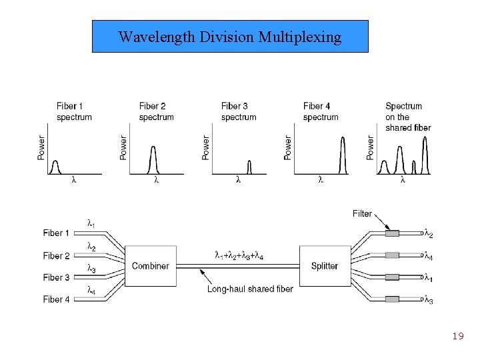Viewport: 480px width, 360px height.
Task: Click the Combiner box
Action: (x=150, y=266)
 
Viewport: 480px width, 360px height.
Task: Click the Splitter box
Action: (x=325, y=266)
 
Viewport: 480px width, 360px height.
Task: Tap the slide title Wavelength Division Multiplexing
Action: (x=230, y=37)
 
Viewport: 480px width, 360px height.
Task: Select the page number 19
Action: (x=457, y=336)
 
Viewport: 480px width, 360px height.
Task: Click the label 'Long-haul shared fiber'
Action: (x=250, y=289)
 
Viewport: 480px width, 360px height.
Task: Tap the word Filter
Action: (x=362, y=213)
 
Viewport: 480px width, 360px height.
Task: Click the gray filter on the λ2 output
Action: (x=393, y=233)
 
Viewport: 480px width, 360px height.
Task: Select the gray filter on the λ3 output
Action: (x=393, y=300)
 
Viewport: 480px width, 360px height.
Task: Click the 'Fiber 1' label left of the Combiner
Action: (x=56, y=233)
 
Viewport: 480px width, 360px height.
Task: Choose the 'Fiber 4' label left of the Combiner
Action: (x=56, y=300)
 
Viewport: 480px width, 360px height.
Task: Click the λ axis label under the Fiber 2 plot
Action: (x=156, y=180)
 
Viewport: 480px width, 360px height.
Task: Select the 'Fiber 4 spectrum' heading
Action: (x=321, y=111)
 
